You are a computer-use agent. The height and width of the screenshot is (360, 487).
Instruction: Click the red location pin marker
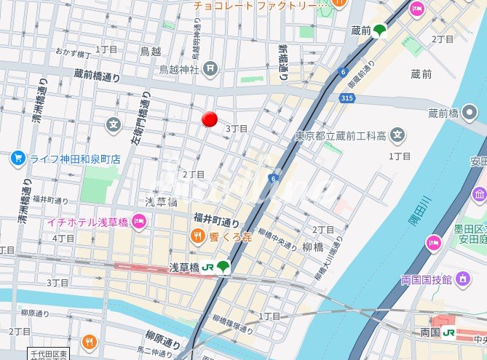[210, 119]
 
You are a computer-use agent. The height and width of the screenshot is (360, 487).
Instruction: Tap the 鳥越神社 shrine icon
[210, 69]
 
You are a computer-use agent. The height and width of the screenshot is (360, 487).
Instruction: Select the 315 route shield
[347, 97]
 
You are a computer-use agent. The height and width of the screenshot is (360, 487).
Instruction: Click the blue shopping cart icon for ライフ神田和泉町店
[17, 158]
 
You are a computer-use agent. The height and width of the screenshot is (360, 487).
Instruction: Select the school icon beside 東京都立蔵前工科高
[397, 135]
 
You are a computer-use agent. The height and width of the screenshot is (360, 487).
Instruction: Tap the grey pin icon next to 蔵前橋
[470, 112]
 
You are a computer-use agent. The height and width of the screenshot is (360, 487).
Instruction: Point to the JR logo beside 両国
[448, 332]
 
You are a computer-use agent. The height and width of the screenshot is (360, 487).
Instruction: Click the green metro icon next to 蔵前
[379, 30]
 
